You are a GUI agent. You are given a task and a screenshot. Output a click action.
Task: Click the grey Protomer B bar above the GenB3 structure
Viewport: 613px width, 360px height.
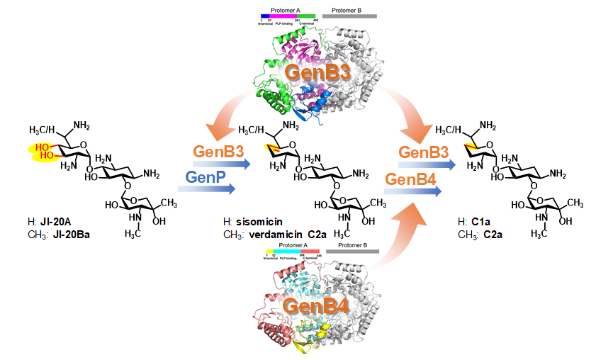tap(349, 15)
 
